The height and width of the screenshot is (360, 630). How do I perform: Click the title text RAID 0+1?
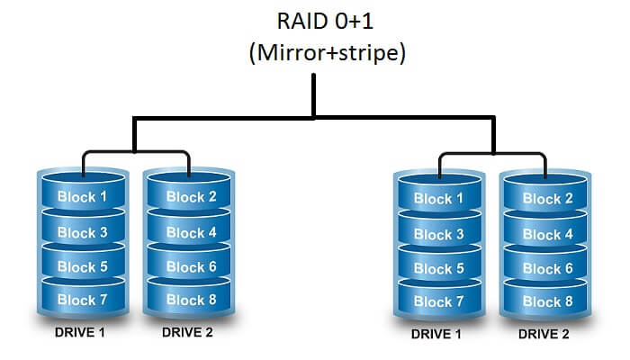(x=315, y=21)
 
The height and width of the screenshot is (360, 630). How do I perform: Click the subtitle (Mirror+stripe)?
(x=315, y=52)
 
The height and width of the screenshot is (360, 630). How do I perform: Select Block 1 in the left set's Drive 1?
(x=82, y=197)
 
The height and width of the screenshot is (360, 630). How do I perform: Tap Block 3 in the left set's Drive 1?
(x=82, y=232)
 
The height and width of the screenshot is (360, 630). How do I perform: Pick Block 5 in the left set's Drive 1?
(x=82, y=266)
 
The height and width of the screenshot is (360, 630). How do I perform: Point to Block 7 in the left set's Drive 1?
(x=82, y=300)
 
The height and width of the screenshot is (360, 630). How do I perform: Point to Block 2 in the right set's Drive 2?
(x=547, y=199)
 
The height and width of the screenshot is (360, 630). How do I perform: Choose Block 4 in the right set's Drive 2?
(x=547, y=234)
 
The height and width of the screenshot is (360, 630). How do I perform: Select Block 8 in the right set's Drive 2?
(x=547, y=301)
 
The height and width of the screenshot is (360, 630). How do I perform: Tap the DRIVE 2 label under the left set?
(x=189, y=332)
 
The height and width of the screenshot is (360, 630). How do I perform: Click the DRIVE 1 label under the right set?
(x=438, y=334)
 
